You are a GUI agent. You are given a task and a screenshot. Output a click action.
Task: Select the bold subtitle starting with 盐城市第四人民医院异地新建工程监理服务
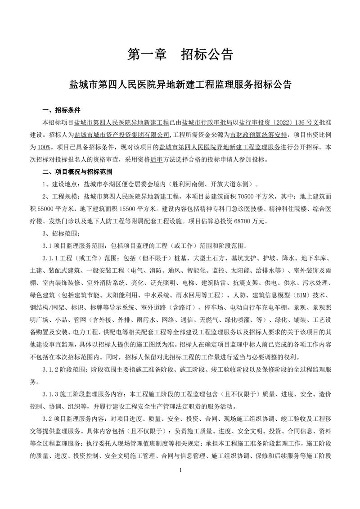pos(180,84)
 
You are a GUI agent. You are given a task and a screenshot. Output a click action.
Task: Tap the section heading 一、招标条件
pos(62,110)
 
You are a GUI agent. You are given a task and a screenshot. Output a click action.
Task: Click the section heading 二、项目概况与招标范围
pos(77,171)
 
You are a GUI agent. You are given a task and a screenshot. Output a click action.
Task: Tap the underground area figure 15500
pos(128,208)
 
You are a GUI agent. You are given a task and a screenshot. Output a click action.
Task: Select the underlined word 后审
pos(158,159)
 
